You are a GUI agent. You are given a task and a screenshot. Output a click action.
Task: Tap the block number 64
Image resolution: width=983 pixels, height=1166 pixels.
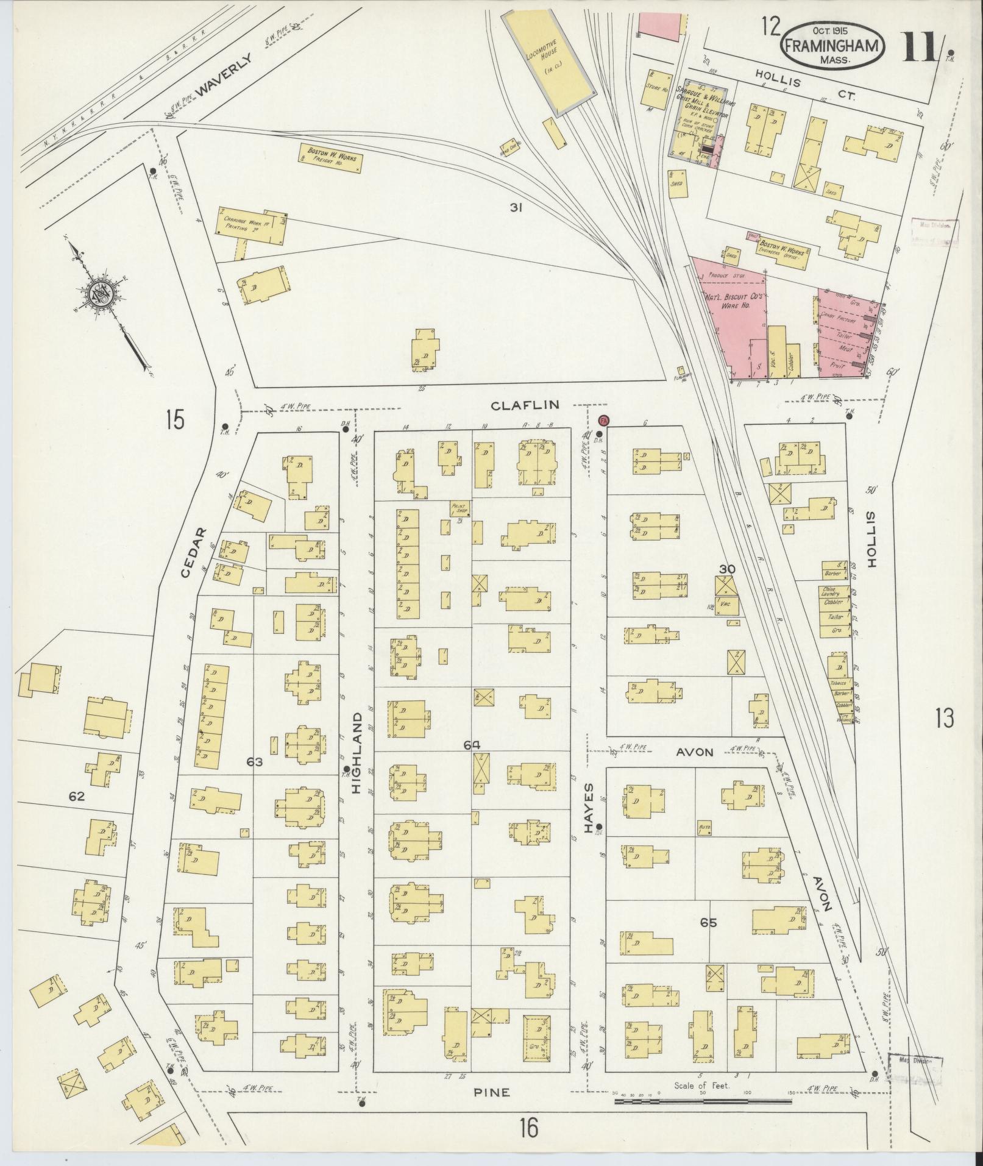tap(472, 744)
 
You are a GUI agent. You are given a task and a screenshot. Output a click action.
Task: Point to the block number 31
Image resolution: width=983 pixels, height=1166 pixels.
tap(517, 208)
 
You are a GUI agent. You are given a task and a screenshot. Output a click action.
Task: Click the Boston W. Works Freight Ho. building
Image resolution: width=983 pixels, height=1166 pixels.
tap(331, 157)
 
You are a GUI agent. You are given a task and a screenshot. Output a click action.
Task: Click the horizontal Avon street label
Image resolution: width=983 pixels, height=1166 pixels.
tap(695, 752)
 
